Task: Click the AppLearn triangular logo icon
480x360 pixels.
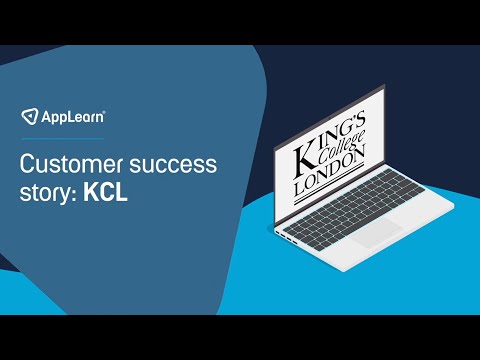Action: pos(31,116)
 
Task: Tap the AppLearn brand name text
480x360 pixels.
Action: pos(71,117)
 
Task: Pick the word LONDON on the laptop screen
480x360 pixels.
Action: pos(332,180)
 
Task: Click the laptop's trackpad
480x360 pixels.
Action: pos(379,235)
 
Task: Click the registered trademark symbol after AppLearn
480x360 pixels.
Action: pos(106,112)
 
